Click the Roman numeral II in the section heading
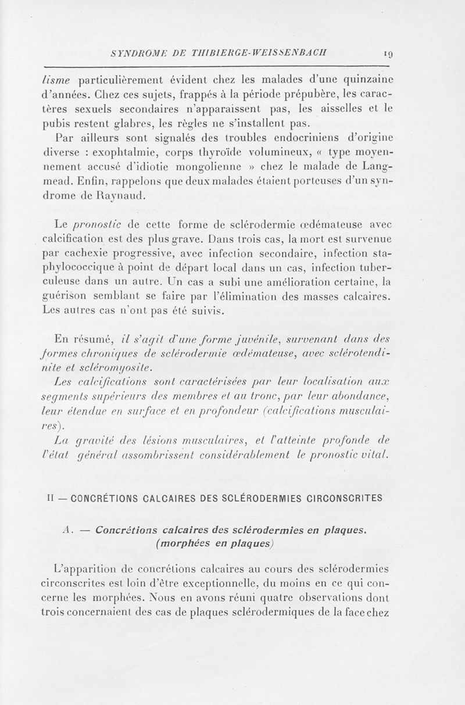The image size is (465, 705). click(x=52, y=498)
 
